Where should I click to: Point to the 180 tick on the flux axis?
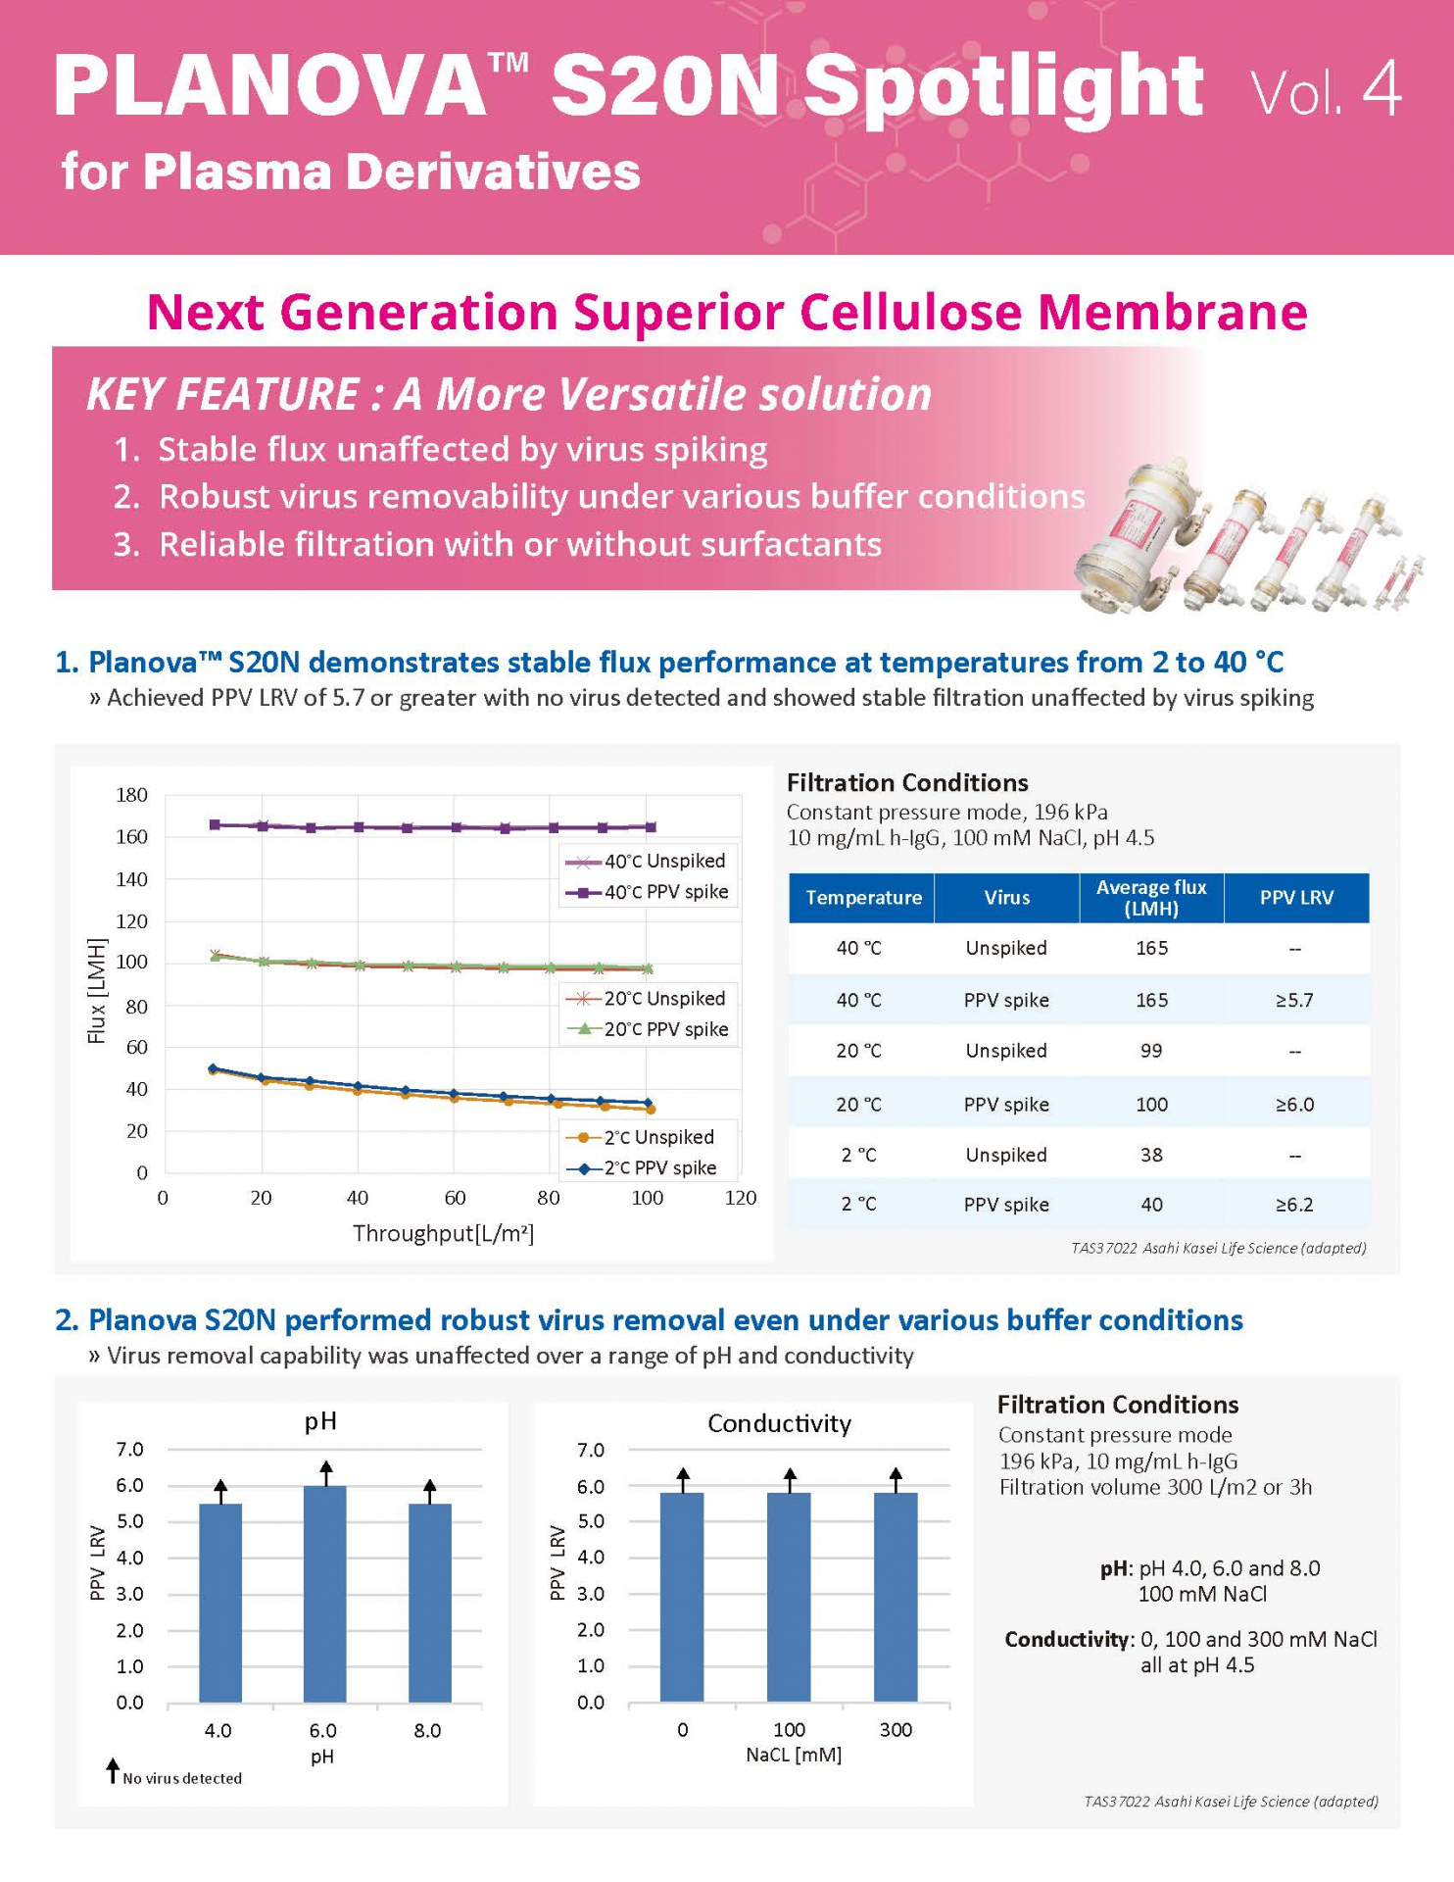point(132,795)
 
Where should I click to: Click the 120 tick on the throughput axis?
point(741,1198)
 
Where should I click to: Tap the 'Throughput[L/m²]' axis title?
point(443,1233)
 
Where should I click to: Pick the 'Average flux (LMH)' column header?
point(1150,897)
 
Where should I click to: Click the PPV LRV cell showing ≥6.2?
point(1294,1205)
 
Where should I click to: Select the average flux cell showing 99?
point(1150,1051)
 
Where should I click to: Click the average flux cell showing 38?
point(1150,1155)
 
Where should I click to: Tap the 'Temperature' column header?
point(862,897)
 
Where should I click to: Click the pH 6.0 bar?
point(324,1594)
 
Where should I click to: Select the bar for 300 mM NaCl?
point(895,1598)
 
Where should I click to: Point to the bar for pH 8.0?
point(429,1603)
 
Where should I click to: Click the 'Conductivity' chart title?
point(779,1423)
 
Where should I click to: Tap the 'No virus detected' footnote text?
point(182,1778)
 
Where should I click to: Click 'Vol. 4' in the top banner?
point(1326,91)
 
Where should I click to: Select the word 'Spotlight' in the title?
point(1002,86)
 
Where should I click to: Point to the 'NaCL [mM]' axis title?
point(793,1755)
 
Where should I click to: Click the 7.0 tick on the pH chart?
point(129,1450)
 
